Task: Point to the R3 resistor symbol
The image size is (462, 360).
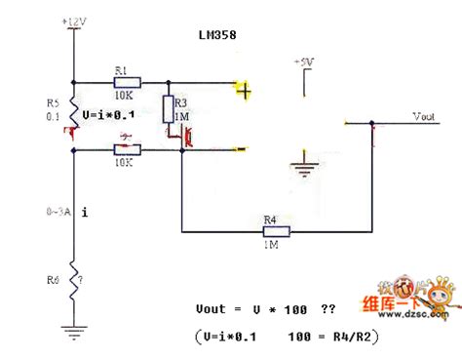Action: click(169, 106)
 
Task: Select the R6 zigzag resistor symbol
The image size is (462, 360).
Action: click(74, 277)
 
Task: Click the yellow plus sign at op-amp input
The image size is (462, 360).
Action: click(244, 92)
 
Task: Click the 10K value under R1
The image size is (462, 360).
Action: click(124, 98)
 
